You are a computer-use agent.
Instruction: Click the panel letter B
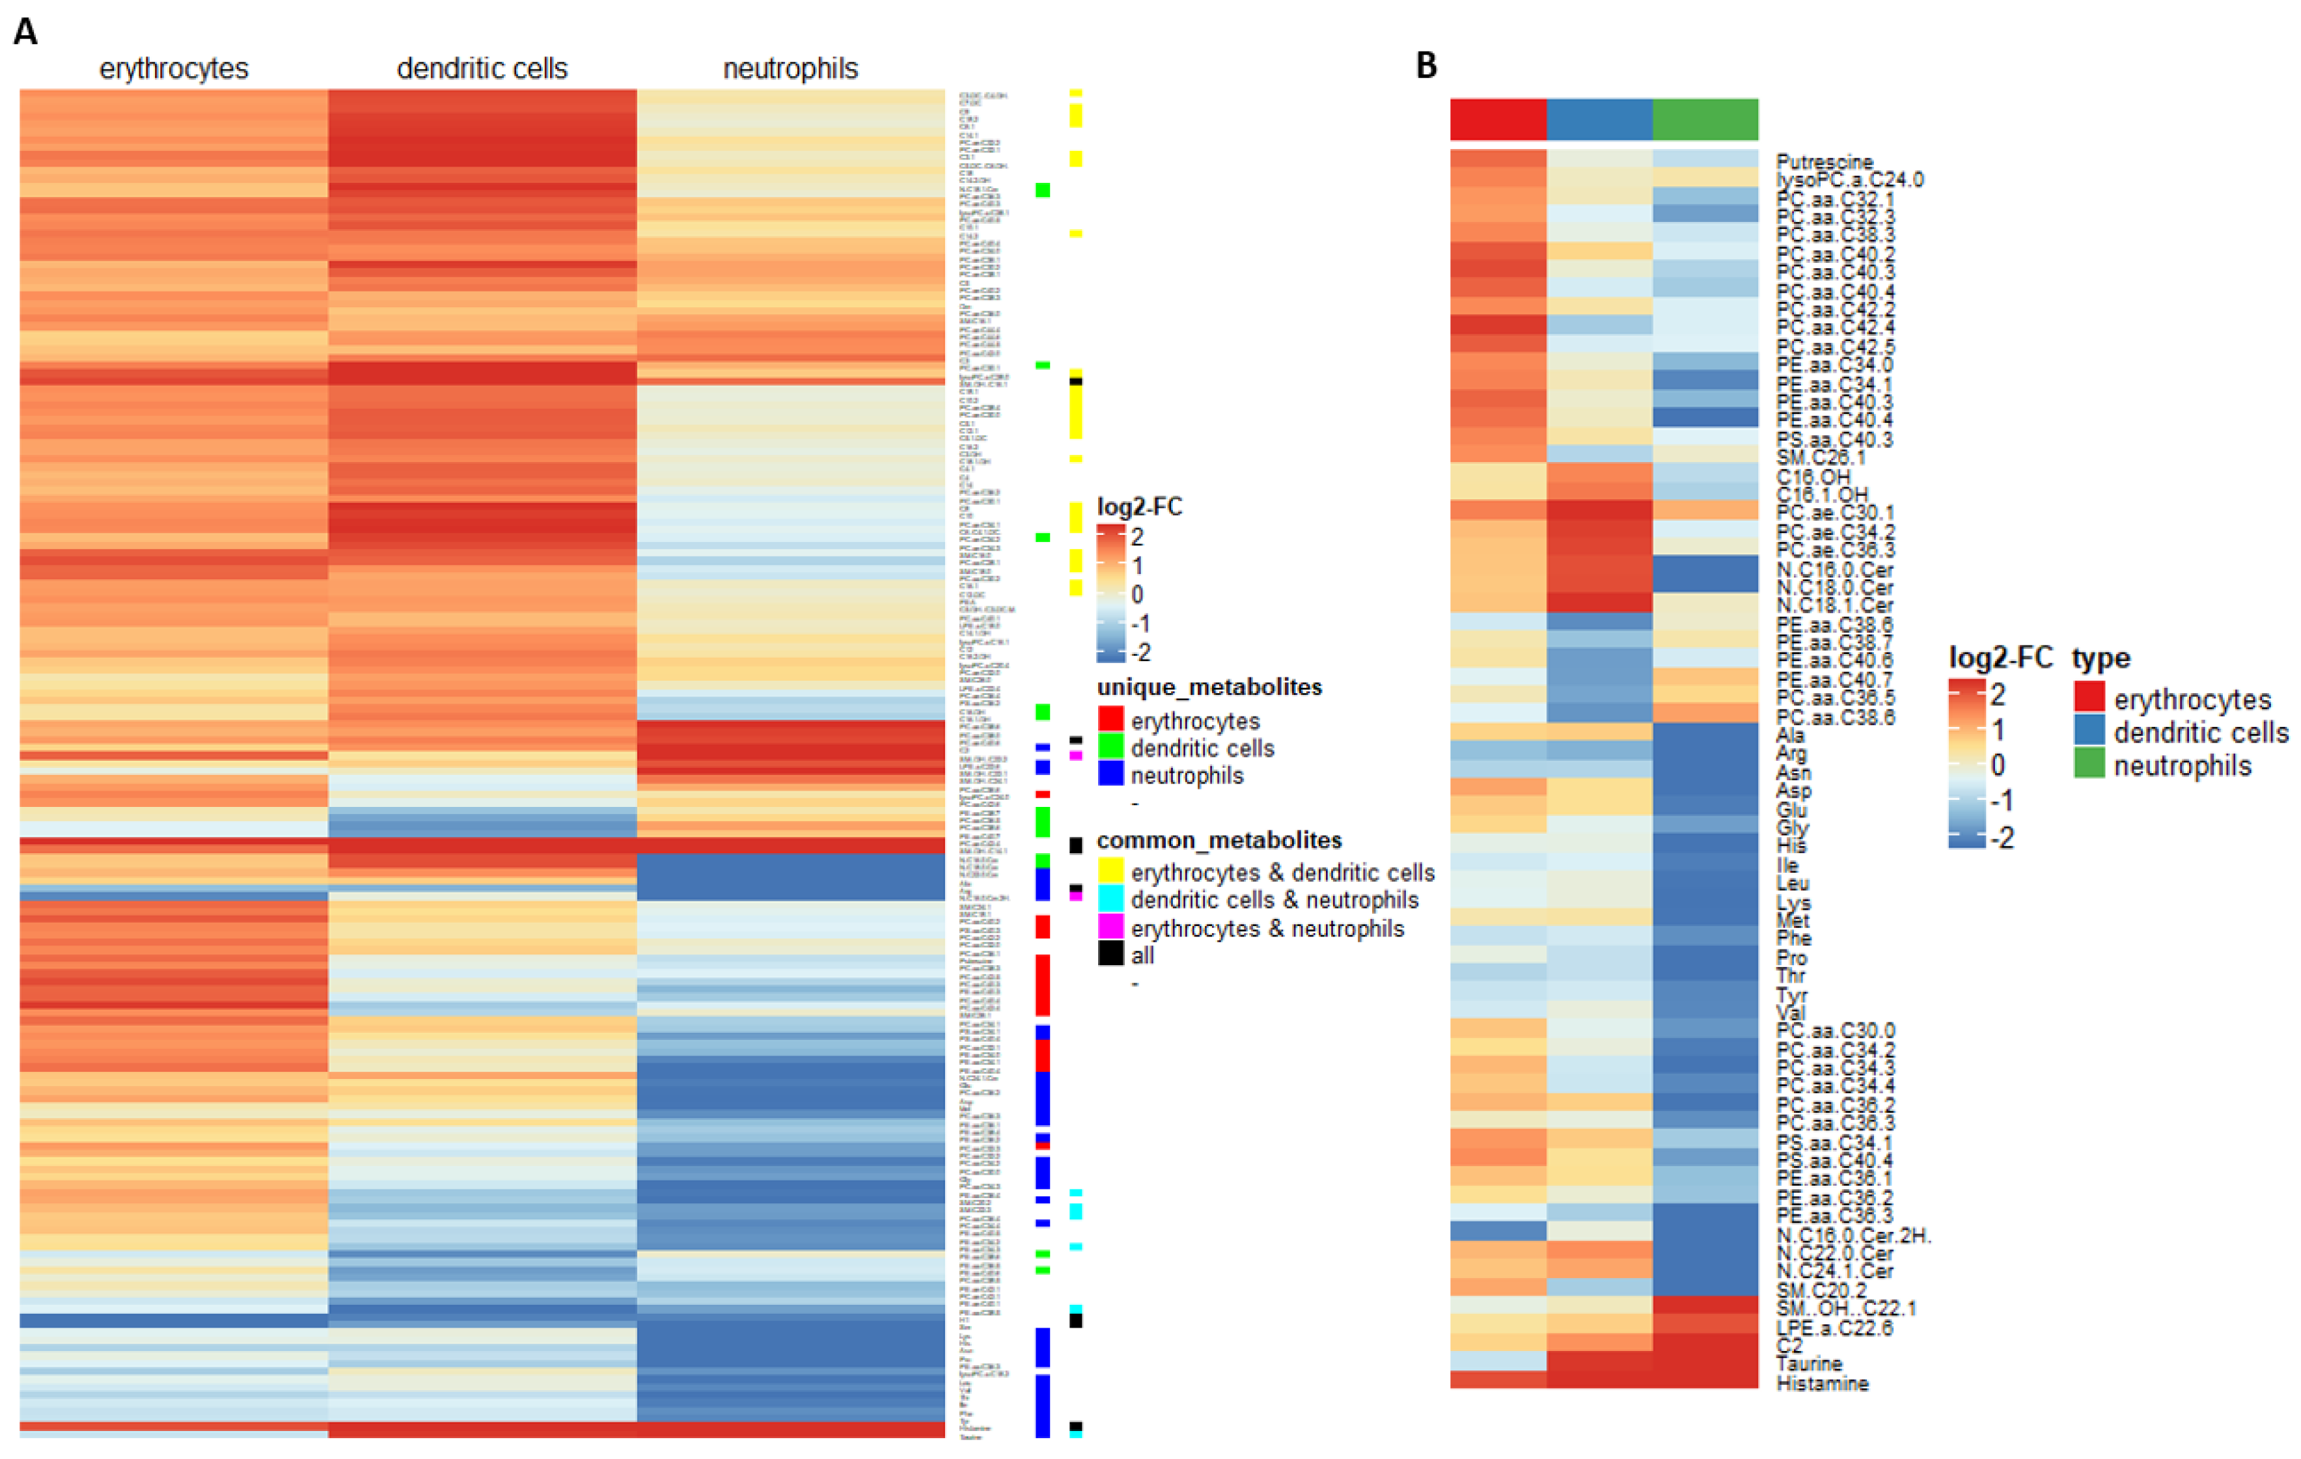[x=1426, y=65]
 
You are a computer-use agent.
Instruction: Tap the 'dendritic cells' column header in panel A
[x=482, y=69]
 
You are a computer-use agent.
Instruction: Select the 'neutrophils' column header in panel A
[x=790, y=69]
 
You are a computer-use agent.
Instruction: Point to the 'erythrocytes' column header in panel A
[x=174, y=69]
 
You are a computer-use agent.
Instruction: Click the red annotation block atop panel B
[x=1497, y=120]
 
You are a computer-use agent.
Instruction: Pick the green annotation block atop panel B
[x=1705, y=120]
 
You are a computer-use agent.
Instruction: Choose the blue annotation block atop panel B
[x=1599, y=120]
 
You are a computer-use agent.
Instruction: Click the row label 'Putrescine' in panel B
[x=1824, y=161]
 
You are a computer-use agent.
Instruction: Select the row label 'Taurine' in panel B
[x=1809, y=1363]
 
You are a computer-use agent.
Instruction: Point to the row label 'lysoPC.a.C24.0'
[x=1850, y=180]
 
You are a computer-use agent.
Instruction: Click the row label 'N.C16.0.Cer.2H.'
[x=1854, y=1234]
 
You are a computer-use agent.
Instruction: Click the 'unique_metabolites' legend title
[x=1209, y=687]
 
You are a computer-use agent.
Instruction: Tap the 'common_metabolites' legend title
[x=1219, y=840]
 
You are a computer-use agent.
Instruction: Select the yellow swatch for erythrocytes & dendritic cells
[x=1110, y=871]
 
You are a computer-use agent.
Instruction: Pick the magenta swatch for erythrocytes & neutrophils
[x=1110, y=926]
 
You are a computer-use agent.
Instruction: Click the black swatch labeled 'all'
[x=1110, y=953]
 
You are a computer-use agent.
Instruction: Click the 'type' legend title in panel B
[x=2101, y=659]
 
